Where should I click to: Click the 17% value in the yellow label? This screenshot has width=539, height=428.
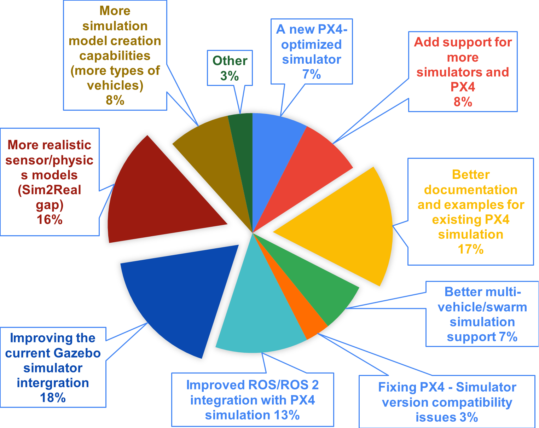coord(470,249)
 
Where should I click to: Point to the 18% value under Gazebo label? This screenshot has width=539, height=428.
coord(53,398)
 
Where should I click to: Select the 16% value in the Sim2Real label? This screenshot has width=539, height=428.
coord(50,220)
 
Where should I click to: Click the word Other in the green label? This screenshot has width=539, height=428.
coord(230,61)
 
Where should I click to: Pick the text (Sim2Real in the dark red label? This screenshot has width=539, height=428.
coord(50,190)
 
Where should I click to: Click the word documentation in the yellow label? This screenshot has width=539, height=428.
coord(470,190)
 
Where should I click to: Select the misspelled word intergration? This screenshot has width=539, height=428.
coord(53,383)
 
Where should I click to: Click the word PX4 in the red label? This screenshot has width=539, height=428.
coord(463,87)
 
